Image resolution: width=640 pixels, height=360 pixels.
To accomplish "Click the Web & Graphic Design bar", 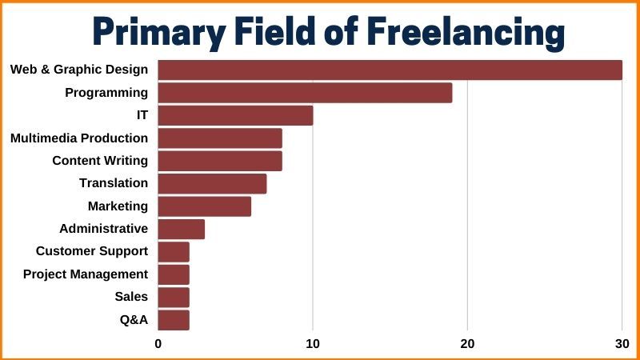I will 390,70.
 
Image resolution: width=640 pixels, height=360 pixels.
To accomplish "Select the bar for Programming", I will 305,93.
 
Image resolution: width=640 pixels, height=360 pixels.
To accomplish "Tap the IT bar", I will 235,115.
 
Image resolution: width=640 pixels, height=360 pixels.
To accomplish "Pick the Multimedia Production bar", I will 220,138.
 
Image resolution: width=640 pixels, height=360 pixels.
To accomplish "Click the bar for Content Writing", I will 220,161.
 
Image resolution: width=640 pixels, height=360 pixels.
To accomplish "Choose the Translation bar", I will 212,184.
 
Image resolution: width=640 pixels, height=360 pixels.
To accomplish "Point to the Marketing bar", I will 204,206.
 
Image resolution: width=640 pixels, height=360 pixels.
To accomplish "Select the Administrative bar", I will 181,230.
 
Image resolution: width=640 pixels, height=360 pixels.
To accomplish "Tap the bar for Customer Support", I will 174,252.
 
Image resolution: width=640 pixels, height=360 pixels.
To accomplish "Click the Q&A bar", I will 174,320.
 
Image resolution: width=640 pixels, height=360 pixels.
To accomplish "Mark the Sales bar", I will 174,298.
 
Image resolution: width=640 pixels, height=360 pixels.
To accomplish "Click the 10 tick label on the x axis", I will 313,344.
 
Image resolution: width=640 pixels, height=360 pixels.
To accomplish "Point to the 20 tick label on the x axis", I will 467,344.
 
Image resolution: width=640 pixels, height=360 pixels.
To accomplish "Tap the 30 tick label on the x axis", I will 622,344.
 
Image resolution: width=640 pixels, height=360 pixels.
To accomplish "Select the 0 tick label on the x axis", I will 158,344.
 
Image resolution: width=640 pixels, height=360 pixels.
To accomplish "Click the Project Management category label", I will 86,274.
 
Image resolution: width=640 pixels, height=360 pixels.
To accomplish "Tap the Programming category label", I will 106,93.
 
